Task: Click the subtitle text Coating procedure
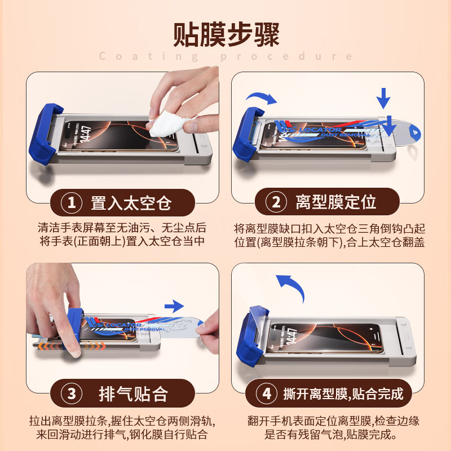(x=225, y=56)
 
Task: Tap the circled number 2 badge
(x=277, y=202)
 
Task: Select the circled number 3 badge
(x=72, y=393)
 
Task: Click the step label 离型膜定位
(x=335, y=202)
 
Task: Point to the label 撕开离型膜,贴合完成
(x=343, y=393)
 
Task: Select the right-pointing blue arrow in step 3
(x=174, y=307)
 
